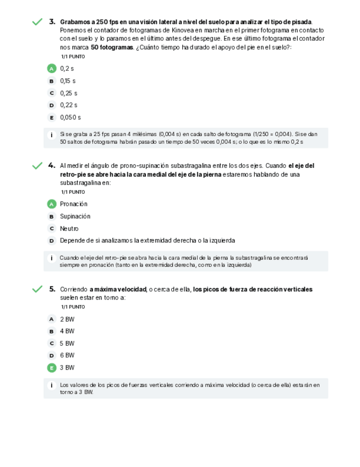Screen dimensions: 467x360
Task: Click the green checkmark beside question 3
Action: (x=37, y=22)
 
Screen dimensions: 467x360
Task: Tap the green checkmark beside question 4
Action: (x=37, y=166)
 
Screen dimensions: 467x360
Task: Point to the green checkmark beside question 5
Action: (x=37, y=289)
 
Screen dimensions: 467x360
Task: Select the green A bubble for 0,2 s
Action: (x=52, y=69)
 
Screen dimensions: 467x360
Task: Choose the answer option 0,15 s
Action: (x=68, y=81)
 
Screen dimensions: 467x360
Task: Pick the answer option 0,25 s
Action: (x=68, y=93)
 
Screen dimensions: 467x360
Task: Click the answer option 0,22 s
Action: (x=68, y=105)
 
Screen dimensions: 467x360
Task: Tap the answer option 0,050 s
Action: (x=70, y=117)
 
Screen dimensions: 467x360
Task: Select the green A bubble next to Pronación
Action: (x=52, y=204)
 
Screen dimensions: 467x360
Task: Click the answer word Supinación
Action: (x=75, y=216)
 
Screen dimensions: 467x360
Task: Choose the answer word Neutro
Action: (x=69, y=229)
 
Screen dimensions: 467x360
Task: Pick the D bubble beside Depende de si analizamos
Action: (x=52, y=241)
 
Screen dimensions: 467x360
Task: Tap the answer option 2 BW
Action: (x=67, y=319)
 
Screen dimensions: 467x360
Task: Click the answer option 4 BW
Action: (x=67, y=332)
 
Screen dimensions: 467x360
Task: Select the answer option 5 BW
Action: (x=67, y=344)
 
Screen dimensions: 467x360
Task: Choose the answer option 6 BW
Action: (x=67, y=356)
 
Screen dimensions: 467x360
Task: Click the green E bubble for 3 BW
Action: (x=52, y=368)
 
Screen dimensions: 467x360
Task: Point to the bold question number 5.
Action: (x=52, y=289)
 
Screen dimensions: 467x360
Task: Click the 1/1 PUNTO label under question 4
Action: (x=73, y=192)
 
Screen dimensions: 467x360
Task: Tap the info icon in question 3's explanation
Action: (x=51, y=134)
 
